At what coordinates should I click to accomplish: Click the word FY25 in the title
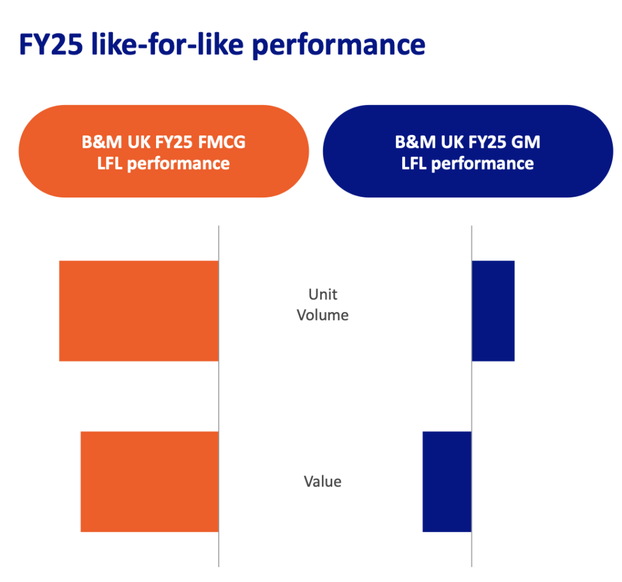(x=50, y=46)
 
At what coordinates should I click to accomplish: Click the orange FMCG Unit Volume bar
(x=138, y=311)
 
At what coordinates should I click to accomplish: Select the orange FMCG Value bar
(x=149, y=482)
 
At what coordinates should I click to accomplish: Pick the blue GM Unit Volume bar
(x=493, y=311)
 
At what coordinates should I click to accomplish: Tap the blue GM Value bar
(x=447, y=482)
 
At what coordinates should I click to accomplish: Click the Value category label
(x=323, y=482)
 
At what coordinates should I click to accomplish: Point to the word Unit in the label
(x=323, y=295)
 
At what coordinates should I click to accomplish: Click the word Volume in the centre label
(x=323, y=315)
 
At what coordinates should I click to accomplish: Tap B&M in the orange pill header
(x=100, y=143)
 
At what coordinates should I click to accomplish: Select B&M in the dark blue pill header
(x=413, y=143)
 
